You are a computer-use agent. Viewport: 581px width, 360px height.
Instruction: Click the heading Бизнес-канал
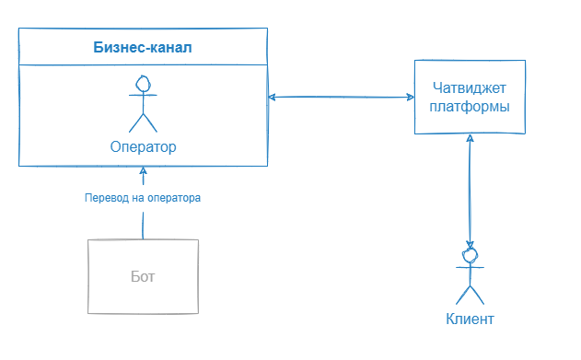point(143,47)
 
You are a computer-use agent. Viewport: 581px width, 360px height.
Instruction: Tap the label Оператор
point(143,147)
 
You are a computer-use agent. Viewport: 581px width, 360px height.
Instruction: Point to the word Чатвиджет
point(470,88)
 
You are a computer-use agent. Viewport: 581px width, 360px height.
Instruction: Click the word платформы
point(470,107)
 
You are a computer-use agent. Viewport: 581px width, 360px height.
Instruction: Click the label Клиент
point(470,320)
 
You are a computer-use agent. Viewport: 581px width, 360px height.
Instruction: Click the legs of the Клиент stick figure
point(471,294)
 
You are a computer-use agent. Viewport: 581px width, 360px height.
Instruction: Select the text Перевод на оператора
point(143,198)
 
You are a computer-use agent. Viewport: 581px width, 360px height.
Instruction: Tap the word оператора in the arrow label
point(171,198)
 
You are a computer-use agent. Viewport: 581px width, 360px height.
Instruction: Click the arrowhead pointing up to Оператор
point(143,171)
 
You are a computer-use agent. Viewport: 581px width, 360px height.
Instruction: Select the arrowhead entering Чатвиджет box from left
point(408,97)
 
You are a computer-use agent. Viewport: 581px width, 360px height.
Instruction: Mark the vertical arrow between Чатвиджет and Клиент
point(471,189)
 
